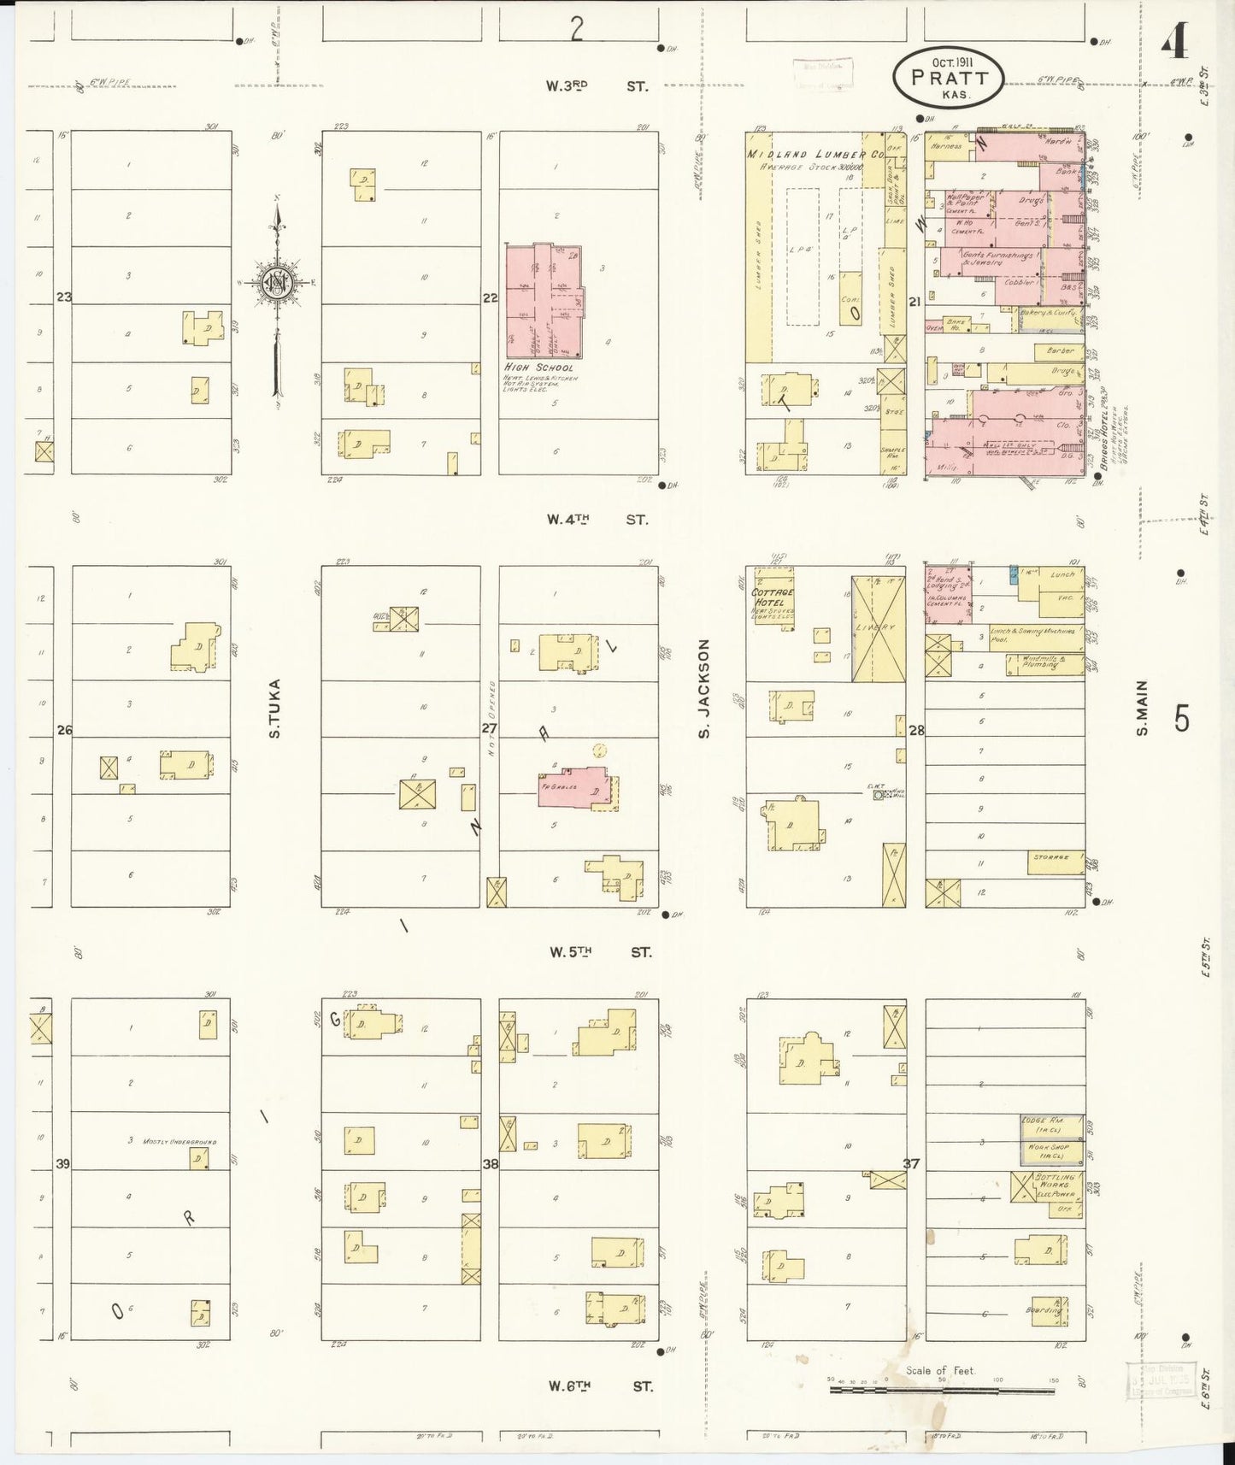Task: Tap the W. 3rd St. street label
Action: pyautogui.click(x=597, y=86)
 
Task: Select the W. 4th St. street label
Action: pyautogui.click(x=597, y=519)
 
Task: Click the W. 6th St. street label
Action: pyautogui.click(x=601, y=1386)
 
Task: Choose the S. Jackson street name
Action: pyautogui.click(x=705, y=688)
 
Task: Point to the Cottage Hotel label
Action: pyautogui.click(x=772, y=597)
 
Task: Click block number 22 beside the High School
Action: pyautogui.click(x=490, y=298)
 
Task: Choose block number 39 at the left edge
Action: pyautogui.click(x=62, y=1164)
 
